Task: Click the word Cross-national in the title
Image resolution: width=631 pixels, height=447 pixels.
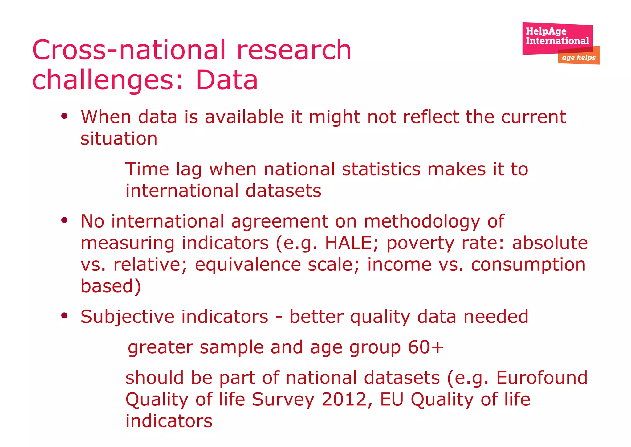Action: tap(129, 50)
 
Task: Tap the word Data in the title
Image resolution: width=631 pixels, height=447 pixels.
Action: tap(227, 80)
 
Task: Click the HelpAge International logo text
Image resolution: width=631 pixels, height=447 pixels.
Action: tap(557, 36)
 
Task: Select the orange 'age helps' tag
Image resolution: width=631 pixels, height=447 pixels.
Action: tap(579, 58)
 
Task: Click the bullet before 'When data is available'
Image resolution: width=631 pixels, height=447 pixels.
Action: tap(64, 117)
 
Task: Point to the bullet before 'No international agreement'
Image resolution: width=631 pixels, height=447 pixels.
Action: tap(64, 220)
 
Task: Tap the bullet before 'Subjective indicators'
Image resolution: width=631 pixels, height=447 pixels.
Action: tap(64, 316)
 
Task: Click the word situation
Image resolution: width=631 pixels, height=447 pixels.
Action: tap(119, 138)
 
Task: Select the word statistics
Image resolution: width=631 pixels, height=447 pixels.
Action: tap(381, 169)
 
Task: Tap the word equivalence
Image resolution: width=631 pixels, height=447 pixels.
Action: tap(248, 265)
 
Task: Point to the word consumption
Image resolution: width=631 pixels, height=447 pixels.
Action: tap(528, 265)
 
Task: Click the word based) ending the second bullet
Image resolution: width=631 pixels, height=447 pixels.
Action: tap(111, 286)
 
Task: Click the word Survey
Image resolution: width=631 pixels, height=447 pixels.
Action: tap(283, 400)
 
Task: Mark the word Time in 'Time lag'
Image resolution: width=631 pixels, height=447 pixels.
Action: tap(147, 169)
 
